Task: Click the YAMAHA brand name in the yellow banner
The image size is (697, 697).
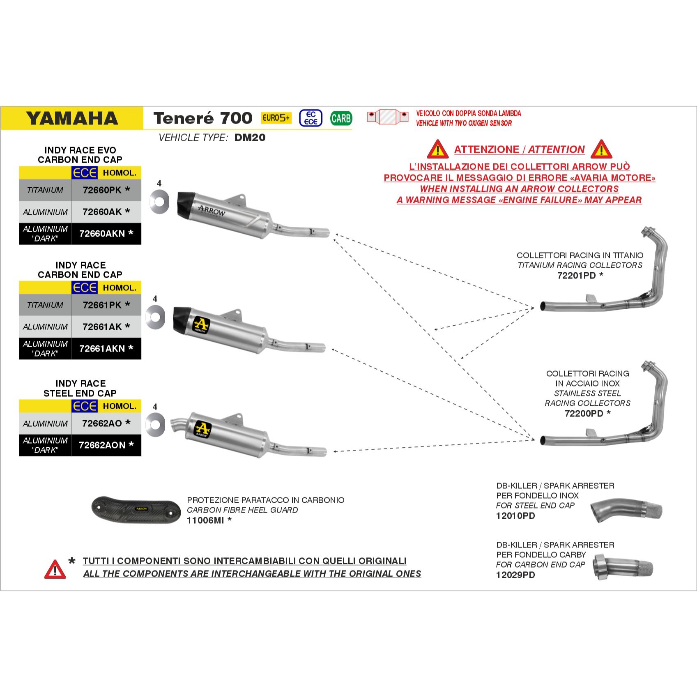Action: (x=72, y=119)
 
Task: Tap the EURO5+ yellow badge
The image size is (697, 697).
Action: (x=276, y=118)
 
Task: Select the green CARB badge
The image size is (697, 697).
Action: (x=341, y=118)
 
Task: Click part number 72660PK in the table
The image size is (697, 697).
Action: (x=102, y=190)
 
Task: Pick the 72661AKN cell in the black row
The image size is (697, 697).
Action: (x=102, y=349)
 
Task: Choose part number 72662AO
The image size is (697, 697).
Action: (x=102, y=423)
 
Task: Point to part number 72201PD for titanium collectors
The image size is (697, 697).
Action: (x=576, y=276)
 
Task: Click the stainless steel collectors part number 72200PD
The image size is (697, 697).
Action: (x=584, y=414)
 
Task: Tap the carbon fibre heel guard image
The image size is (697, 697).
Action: (x=136, y=511)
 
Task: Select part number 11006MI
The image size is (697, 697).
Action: (x=205, y=520)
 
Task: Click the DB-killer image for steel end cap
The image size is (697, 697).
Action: (x=626, y=511)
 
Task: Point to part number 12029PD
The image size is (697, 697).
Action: (x=515, y=575)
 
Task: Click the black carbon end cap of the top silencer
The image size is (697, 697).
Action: (x=187, y=205)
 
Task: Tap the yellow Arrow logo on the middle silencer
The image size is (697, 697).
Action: (x=201, y=324)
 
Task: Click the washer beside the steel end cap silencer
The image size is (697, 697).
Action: (x=155, y=424)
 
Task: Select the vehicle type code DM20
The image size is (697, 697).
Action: (x=250, y=138)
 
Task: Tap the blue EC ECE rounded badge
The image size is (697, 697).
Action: (x=311, y=118)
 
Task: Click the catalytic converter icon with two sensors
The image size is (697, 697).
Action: (x=388, y=117)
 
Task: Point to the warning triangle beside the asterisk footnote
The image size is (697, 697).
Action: (x=55, y=569)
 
